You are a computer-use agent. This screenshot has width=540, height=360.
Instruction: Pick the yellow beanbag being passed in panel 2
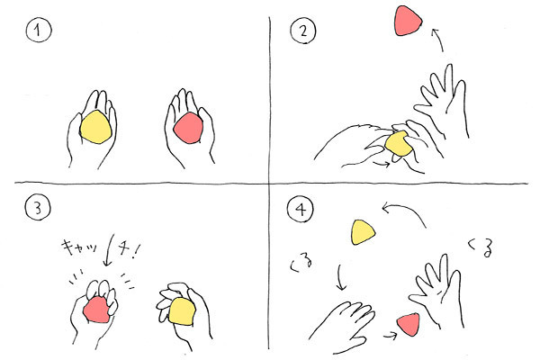pyautogui.click(x=398, y=145)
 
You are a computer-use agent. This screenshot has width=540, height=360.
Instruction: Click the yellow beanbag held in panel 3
pyautogui.click(x=183, y=311)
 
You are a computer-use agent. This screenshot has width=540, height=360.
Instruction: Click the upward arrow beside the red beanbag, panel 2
pyautogui.click(x=436, y=40)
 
